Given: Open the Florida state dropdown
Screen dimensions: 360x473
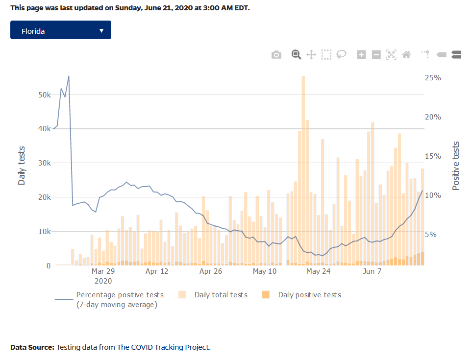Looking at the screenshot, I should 60,30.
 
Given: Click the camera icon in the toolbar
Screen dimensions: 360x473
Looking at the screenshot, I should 276,55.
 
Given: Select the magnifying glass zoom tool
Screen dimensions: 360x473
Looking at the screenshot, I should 296,55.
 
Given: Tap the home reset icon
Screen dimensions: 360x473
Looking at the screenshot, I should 406,55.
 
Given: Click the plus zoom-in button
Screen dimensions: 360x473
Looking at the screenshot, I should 361,55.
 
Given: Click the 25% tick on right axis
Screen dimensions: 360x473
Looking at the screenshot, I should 433,78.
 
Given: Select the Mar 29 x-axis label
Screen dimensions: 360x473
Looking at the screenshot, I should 103,271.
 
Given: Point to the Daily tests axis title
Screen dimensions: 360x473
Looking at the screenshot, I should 22,166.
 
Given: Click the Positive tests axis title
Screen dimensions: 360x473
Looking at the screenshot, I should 456,166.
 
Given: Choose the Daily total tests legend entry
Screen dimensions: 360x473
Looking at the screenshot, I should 221,295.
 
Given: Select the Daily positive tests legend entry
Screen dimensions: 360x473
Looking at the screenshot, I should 309,295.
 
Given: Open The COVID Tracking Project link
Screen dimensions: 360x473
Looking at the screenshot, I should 163,347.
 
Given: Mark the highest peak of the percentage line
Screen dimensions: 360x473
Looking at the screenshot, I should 69,76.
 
